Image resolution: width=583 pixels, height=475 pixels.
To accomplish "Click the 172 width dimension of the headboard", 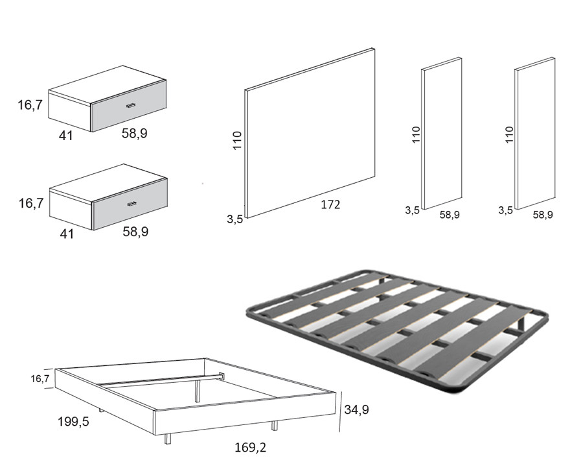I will point(330,205).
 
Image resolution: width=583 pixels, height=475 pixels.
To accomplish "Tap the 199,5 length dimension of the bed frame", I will point(73,422).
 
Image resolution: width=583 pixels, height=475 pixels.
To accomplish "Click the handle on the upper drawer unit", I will point(130,105).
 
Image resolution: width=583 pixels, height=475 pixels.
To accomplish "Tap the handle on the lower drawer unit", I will point(132,204).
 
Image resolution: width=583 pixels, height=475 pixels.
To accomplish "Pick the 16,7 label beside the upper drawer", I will point(30,104).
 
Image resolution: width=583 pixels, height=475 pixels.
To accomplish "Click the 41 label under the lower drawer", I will point(66,234).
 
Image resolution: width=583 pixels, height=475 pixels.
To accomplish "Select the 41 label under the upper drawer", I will point(65,135).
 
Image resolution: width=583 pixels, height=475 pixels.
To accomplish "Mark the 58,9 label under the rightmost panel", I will point(543,214).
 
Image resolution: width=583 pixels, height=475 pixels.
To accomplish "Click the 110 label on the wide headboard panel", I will point(237,141).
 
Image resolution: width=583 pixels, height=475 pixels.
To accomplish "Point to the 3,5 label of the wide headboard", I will point(234,219).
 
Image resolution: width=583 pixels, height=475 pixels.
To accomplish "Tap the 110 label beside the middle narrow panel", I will point(417,135).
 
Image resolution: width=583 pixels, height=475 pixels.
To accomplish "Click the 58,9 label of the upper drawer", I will point(135,133).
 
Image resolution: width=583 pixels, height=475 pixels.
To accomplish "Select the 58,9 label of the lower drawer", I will point(135,232).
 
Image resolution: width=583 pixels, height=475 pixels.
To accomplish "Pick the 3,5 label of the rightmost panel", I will point(506,210).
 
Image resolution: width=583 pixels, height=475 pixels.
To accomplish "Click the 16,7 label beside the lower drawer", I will point(30,203).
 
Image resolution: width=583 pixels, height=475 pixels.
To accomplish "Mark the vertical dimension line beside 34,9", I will point(340,411).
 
